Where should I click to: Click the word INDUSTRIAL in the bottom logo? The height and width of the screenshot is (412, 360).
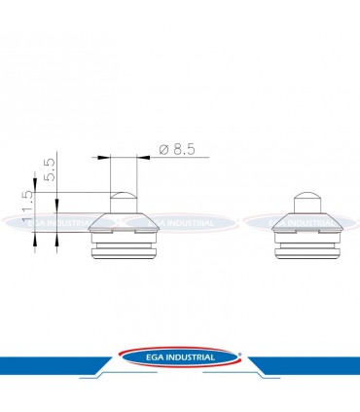[192, 357]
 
